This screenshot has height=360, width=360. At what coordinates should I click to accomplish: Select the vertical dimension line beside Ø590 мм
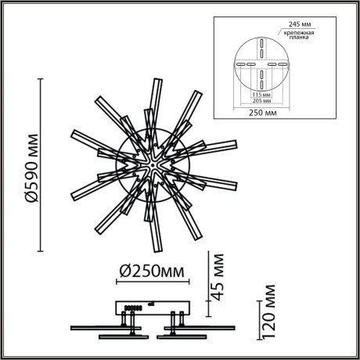click(x=42, y=164)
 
